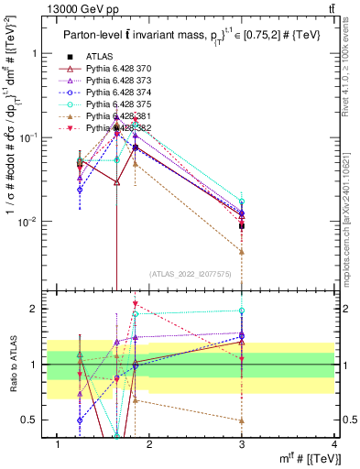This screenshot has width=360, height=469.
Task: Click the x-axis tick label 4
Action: click(x=334, y=444)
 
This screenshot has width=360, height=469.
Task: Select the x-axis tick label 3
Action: click(x=242, y=444)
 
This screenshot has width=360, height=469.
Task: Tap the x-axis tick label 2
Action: click(x=149, y=444)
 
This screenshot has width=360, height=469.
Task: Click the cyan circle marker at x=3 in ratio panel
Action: click(x=242, y=311)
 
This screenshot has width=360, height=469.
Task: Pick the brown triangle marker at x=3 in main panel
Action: click(x=242, y=251)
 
